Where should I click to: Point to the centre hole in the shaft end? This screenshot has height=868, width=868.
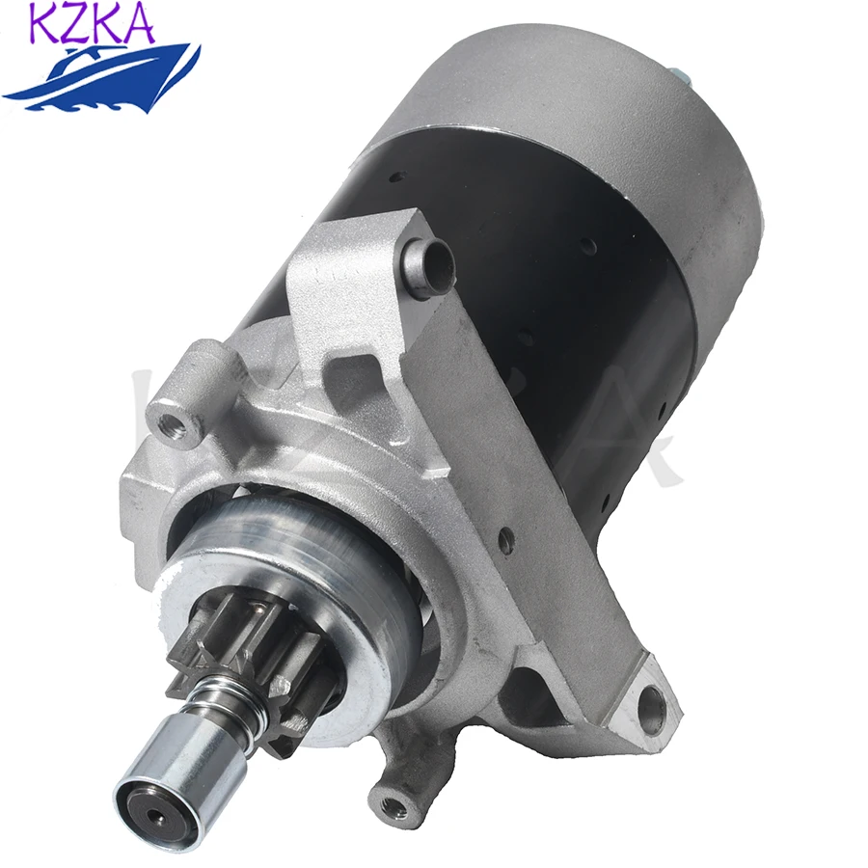[x=154, y=802]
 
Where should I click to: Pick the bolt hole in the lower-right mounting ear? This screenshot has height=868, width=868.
[x=657, y=697]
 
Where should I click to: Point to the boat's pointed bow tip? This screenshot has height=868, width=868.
[x=198, y=48]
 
